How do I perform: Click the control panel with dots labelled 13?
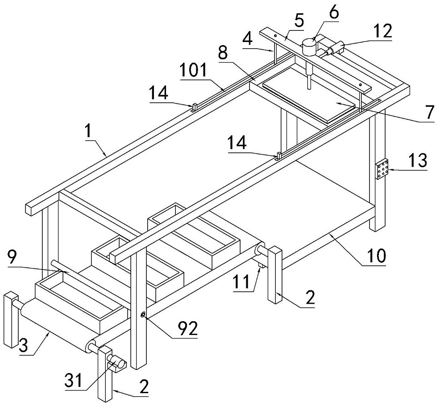pos(382,170)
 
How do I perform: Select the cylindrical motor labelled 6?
pos(309,46)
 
